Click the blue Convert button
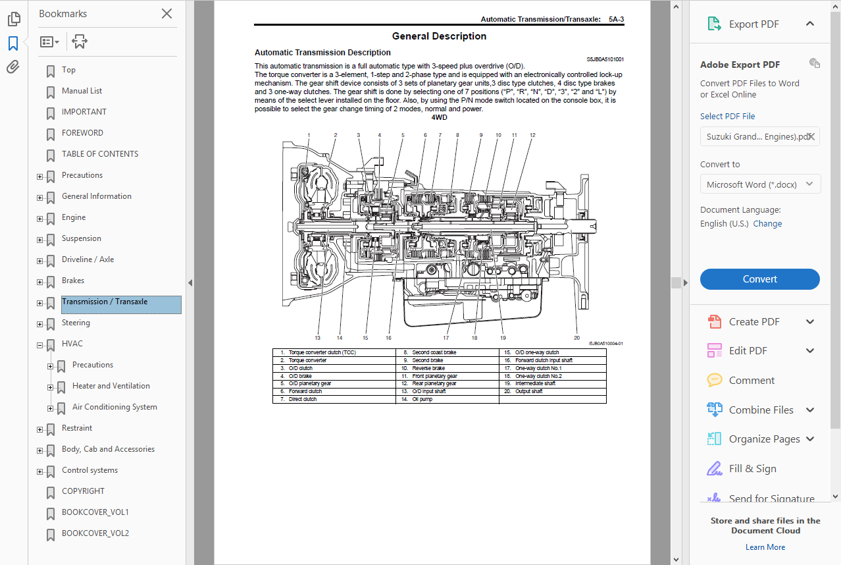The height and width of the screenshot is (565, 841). [759, 279]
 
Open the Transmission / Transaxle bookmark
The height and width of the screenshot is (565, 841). [105, 302]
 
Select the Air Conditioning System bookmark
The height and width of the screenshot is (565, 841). [115, 407]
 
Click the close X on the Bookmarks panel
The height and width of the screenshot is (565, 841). [167, 14]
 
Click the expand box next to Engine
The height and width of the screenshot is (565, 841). [40, 219]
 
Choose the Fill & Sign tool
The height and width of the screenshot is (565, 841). [752, 469]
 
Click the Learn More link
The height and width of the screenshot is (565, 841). [765, 547]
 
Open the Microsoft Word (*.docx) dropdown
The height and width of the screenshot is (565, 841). [760, 184]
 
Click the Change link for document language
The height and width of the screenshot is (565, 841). [767, 224]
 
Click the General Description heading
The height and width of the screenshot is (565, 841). [439, 36]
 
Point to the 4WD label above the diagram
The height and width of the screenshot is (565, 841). [439, 118]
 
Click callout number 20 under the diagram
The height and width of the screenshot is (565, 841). [576, 338]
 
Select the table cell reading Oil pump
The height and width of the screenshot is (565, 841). [422, 399]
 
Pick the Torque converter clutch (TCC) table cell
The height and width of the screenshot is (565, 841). [322, 353]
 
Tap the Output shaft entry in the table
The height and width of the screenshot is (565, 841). [529, 391]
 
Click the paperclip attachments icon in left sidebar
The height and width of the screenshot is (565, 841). [13, 67]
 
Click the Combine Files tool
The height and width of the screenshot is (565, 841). [761, 410]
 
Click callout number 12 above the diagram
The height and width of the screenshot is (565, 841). [532, 135]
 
